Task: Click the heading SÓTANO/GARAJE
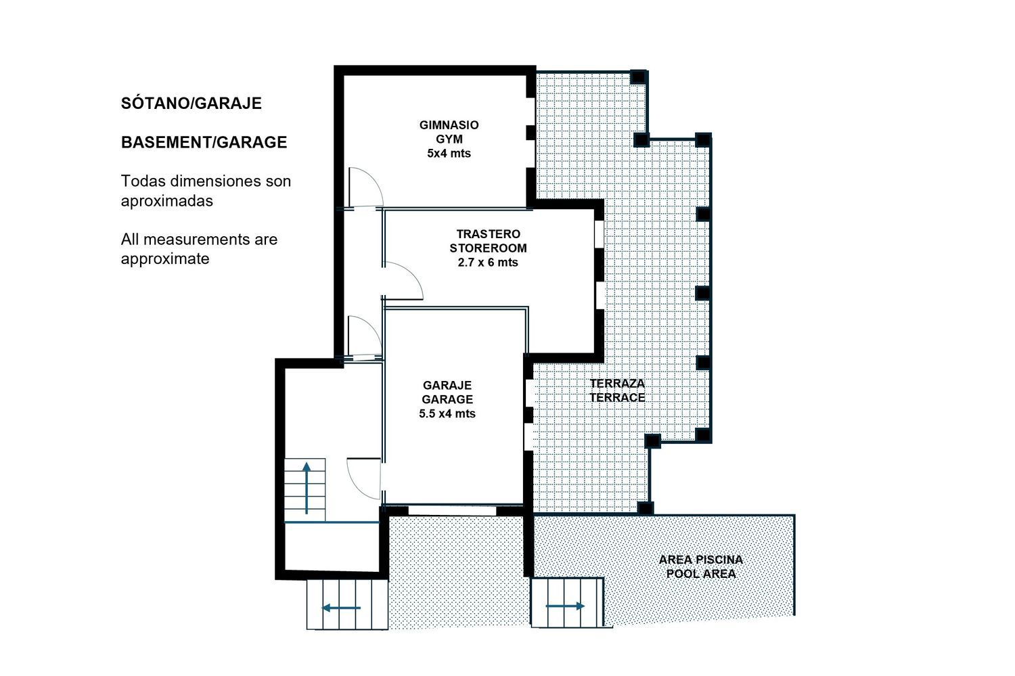191,104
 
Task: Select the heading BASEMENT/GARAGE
204,142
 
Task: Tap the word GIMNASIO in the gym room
449,125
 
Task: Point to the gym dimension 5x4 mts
449,153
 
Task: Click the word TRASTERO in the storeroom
488,233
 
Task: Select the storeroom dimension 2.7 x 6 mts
488,263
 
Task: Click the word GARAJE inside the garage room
447,385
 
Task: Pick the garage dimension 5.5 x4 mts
447,413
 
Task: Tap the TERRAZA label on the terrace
617,383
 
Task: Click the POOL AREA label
701,574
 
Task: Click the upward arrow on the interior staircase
307,489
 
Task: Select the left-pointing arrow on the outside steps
341,608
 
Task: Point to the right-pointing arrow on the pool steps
566,606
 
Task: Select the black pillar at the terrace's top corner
638,77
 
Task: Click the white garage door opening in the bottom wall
452,511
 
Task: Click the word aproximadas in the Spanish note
166,201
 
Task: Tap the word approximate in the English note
165,259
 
